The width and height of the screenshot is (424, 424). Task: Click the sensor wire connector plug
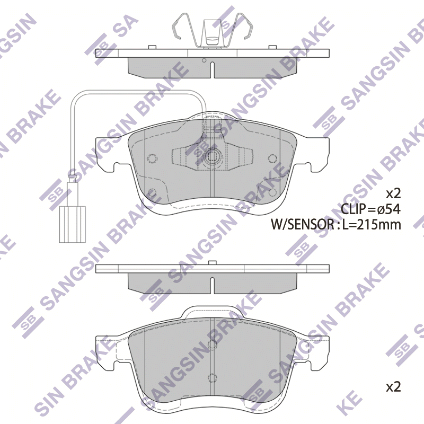click(x=72, y=224)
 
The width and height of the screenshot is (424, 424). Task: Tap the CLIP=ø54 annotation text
click(x=370, y=209)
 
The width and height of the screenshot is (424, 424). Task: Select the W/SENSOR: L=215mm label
click(x=336, y=224)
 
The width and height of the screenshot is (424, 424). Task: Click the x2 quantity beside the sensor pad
click(x=393, y=193)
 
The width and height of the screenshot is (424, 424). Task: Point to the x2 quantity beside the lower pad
click(x=393, y=387)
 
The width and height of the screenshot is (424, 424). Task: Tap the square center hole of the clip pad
click(x=212, y=156)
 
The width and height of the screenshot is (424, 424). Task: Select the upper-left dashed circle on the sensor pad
click(x=152, y=158)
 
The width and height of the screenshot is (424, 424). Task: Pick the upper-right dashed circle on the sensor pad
click(x=272, y=158)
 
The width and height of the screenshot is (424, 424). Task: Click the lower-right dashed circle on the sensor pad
click(x=272, y=192)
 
